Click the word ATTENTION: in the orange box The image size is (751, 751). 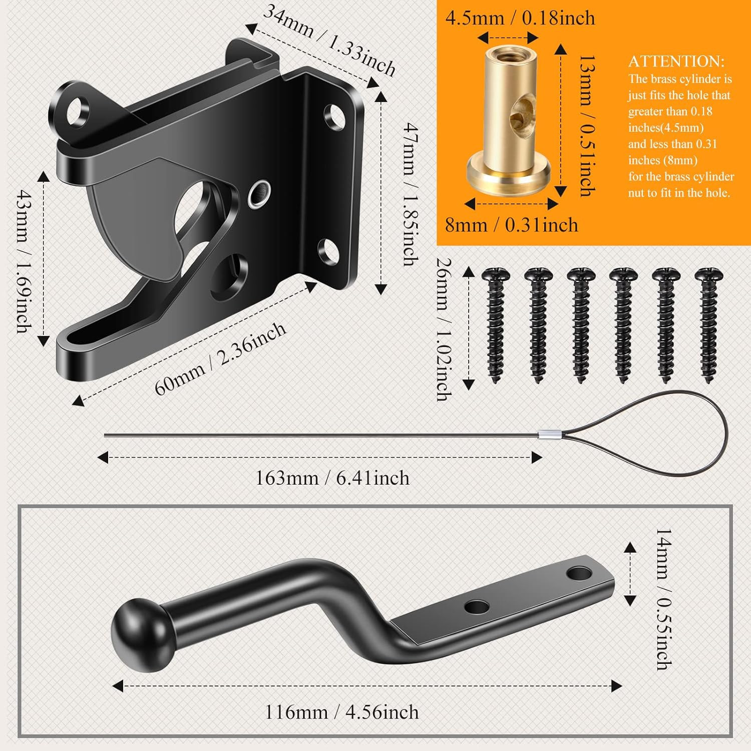click(676, 61)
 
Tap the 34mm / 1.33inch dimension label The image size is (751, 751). click(329, 40)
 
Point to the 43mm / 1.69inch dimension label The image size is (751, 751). click(23, 260)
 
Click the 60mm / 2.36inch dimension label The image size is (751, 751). click(220, 358)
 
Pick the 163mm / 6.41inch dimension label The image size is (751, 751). click(332, 478)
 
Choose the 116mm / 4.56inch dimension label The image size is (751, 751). click(341, 712)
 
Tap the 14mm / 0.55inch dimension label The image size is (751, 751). click(664, 598)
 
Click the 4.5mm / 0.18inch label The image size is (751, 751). click(520, 19)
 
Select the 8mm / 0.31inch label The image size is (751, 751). click(511, 225)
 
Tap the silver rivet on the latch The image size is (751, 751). click(259, 193)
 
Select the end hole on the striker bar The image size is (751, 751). click(579, 572)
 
